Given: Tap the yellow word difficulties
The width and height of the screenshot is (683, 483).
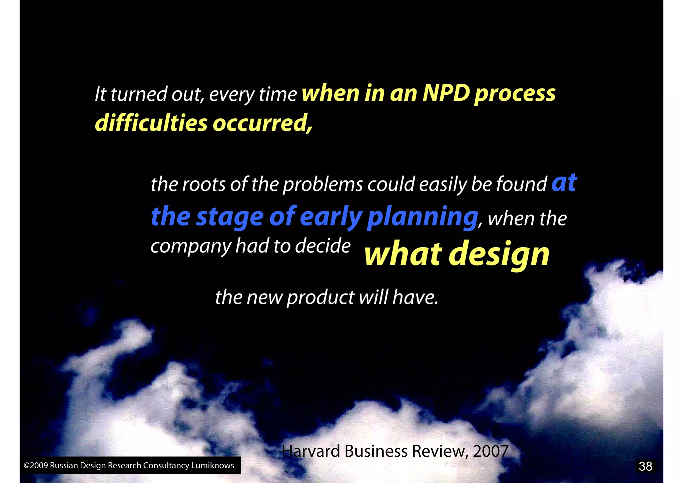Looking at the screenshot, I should (151, 123).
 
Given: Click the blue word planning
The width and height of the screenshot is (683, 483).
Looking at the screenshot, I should (423, 217).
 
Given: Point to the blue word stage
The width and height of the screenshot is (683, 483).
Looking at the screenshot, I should (230, 217).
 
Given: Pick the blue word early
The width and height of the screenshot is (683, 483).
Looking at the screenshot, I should (331, 217).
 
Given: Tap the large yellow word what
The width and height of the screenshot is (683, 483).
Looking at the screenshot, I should (403, 254).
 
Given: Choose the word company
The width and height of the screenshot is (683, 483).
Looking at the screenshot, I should (190, 247).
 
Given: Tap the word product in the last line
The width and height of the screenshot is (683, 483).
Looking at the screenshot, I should (320, 297).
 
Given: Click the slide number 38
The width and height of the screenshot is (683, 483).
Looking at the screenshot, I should (645, 466).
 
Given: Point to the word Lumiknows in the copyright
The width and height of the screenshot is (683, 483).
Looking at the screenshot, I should (212, 465).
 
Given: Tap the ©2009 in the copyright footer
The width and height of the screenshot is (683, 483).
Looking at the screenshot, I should (36, 465).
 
